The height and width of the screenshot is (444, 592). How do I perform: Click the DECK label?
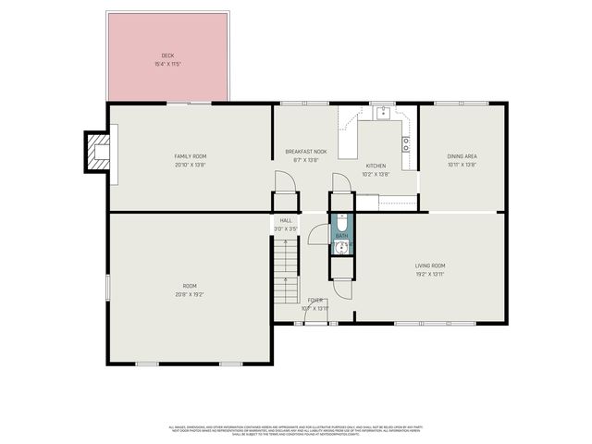(167, 55)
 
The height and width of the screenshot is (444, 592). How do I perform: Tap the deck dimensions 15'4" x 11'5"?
(167, 64)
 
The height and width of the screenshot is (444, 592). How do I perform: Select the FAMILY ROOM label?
(190, 156)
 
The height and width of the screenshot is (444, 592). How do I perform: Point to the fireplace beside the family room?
(96, 151)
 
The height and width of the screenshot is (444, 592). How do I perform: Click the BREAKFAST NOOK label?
(305, 151)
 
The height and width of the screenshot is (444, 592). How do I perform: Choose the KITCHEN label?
(376, 166)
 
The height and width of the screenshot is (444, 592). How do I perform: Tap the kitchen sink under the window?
(380, 115)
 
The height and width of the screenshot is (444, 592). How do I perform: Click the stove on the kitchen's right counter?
(406, 144)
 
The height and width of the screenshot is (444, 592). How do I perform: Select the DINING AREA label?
(462, 156)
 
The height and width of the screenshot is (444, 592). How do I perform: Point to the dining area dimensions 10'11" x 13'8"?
(462, 165)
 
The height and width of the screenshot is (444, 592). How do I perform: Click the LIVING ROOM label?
(430, 265)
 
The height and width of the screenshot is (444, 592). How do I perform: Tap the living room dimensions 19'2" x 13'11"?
(430, 275)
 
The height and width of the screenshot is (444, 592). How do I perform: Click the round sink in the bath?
(340, 245)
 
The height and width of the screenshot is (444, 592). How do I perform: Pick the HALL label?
(286, 220)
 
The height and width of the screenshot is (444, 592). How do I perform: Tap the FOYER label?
(315, 301)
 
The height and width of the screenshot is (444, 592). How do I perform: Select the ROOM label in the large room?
(190, 286)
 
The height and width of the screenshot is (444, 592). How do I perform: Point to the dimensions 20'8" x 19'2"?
(190, 294)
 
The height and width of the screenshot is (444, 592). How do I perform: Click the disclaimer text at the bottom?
(295, 430)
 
